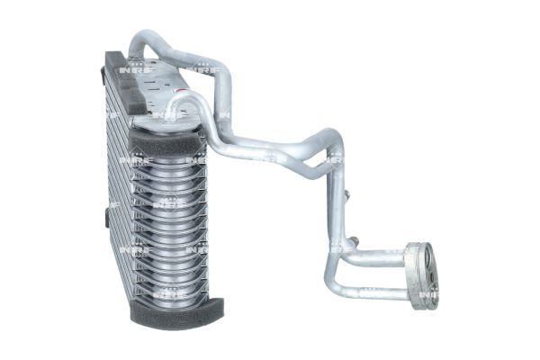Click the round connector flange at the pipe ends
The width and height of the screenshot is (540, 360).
pyautogui.click(x=420, y=275)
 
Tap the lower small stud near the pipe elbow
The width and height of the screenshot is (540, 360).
pyautogui.click(x=355, y=240)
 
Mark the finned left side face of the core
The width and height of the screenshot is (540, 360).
pyautogui.click(x=117, y=189)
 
